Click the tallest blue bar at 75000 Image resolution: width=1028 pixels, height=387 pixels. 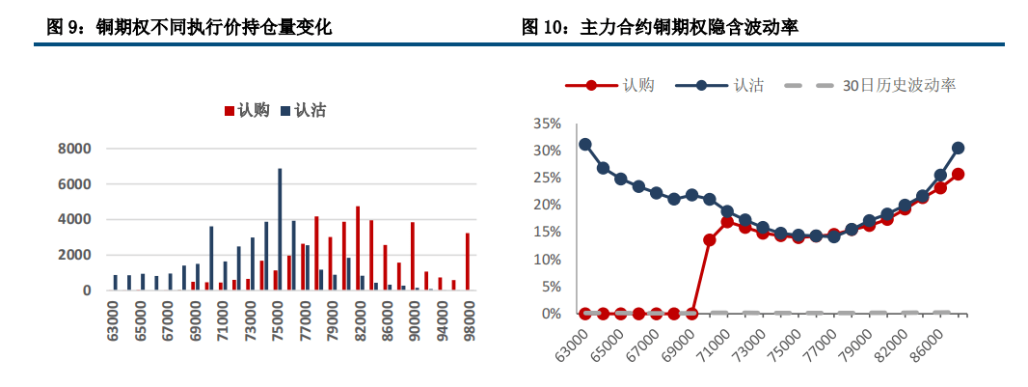[280, 230]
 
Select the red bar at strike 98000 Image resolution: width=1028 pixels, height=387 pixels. [468, 262]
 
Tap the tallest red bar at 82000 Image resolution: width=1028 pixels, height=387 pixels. [358, 248]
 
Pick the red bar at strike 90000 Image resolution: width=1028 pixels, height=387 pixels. [413, 256]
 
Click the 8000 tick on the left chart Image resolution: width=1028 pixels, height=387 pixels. [75, 149]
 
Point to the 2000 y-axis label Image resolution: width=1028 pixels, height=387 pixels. [75, 255]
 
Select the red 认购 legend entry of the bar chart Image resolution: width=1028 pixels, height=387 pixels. [247, 111]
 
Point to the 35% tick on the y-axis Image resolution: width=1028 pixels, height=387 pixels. [546, 124]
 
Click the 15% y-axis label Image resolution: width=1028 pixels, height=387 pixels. [546, 233]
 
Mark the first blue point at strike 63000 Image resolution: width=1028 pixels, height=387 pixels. [585, 144]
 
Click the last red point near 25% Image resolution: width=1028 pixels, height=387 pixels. [958, 175]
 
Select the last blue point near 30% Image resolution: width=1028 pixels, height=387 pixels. [958, 148]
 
